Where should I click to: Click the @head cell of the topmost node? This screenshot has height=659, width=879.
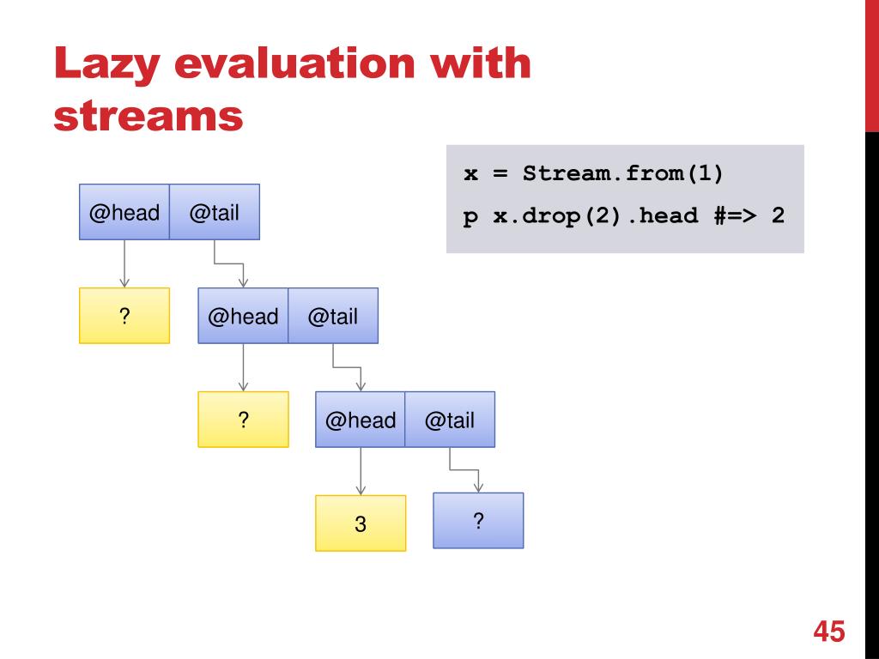[124, 212]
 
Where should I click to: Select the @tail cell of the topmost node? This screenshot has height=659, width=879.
[214, 212]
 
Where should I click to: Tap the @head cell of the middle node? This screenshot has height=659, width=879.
[243, 316]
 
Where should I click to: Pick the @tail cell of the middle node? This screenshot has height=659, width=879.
[332, 316]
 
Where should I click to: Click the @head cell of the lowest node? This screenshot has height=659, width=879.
[361, 420]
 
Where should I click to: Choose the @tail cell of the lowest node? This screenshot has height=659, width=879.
[450, 420]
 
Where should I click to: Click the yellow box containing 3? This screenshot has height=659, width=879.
[361, 523]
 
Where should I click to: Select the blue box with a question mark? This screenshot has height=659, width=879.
[478, 520]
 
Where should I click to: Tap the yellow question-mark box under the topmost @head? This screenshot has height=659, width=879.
[124, 316]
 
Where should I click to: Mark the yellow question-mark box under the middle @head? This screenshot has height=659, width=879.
[243, 420]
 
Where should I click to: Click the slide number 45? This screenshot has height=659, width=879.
[829, 632]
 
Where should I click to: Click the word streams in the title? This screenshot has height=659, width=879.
[148, 116]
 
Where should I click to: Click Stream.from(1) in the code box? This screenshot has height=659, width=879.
[623, 174]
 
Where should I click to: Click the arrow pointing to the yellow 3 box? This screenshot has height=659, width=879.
[361, 472]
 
